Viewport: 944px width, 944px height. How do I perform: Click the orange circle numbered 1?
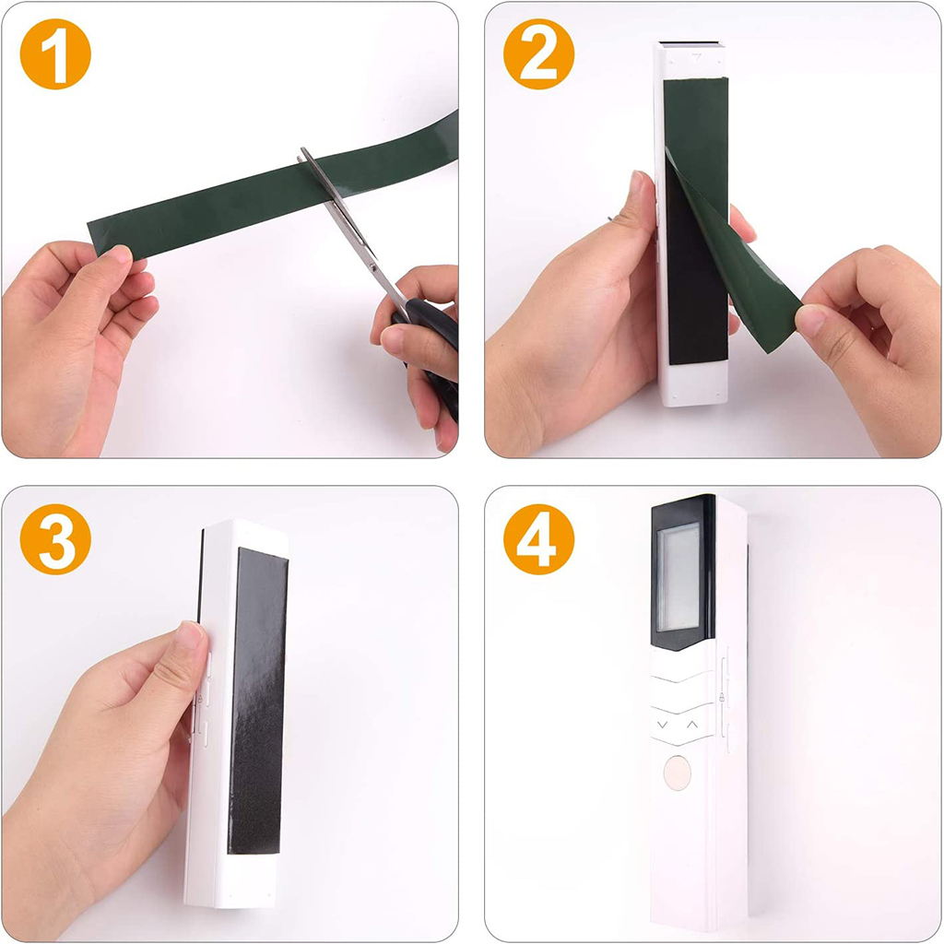click(x=55, y=54)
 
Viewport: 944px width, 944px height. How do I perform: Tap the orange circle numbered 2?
click(x=538, y=54)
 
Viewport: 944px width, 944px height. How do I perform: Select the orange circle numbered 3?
click(x=55, y=539)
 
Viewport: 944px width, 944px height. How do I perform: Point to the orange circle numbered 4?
click(x=538, y=539)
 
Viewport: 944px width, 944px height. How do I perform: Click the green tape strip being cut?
click(x=271, y=186)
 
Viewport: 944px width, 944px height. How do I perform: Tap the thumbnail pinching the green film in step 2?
click(x=810, y=320)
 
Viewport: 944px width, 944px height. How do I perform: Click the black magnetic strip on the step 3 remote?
click(x=258, y=702)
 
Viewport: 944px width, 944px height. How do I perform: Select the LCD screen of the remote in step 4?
click(x=678, y=578)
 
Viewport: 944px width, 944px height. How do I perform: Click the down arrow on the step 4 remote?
click(x=663, y=725)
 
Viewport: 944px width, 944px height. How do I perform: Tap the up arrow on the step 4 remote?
click(x=692, y=725)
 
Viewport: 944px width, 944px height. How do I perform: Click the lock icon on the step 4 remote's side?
click(x=721, y=698)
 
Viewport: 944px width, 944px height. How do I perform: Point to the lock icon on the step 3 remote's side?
click(x=200, y=699)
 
